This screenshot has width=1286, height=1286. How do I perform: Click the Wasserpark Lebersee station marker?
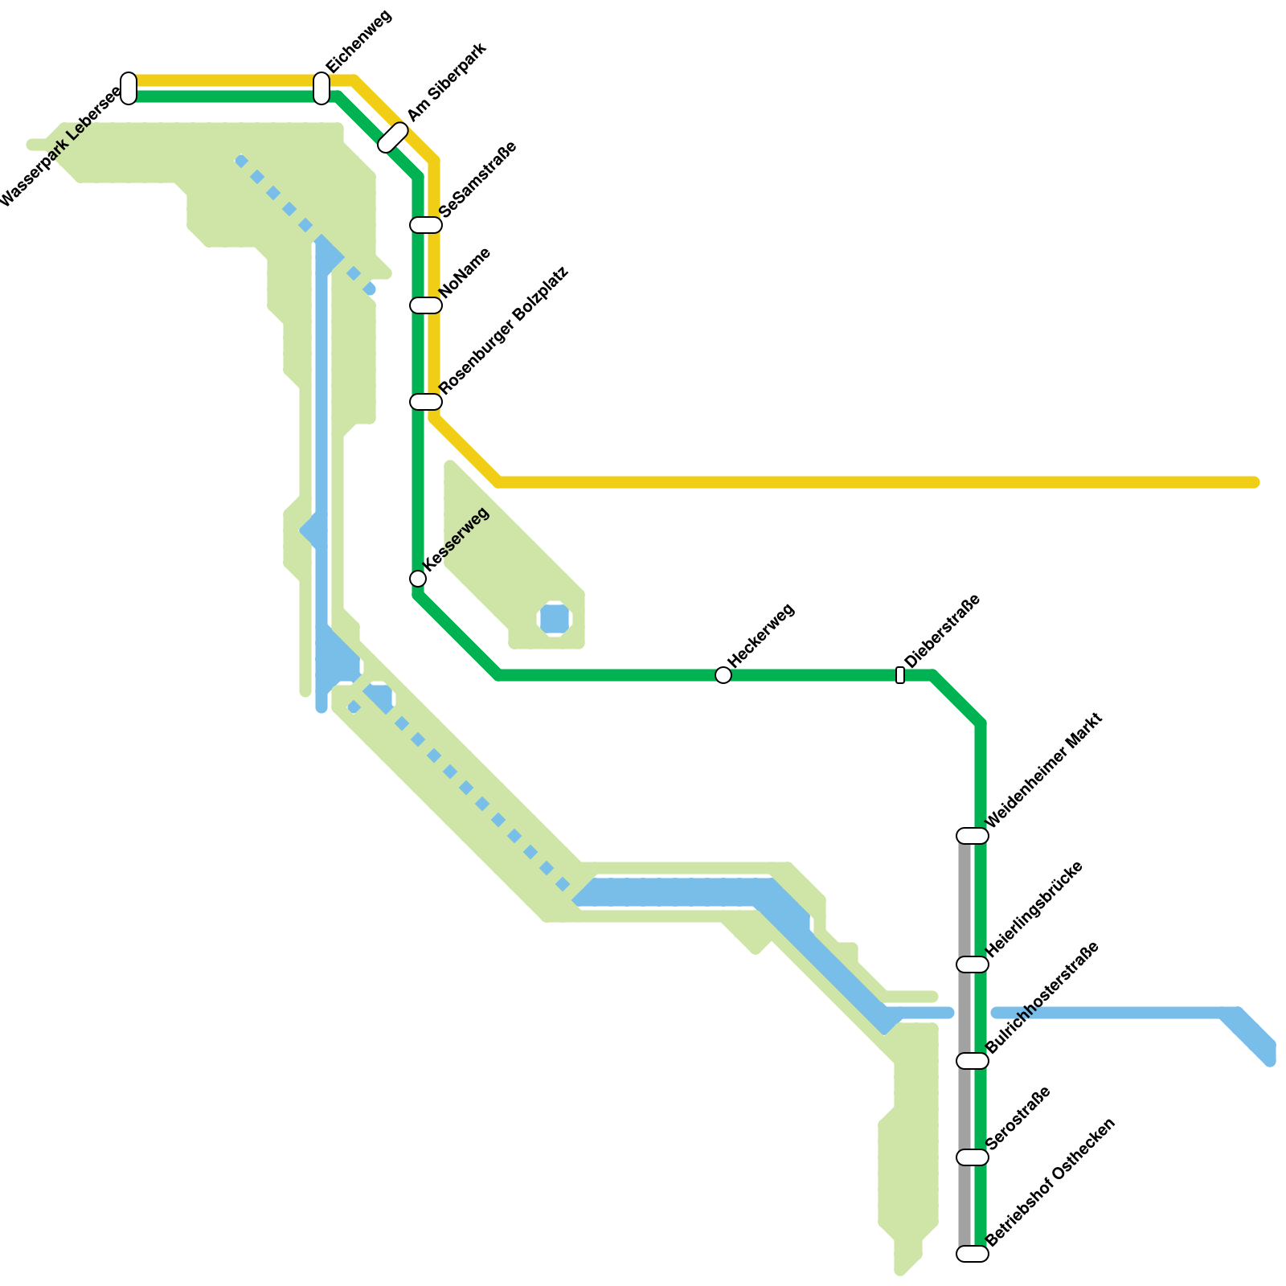tap(129, 88)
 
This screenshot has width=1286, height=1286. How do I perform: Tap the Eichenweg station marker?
tap(321, 88)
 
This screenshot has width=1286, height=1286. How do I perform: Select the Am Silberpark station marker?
tap(393, 137)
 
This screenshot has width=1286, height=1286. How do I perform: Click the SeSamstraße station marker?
tap(426, 225)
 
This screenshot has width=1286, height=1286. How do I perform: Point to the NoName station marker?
tap(426, 305)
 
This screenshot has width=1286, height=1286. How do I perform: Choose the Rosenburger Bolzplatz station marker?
tap(426, 402)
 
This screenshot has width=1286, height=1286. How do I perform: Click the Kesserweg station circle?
tap(418, 579)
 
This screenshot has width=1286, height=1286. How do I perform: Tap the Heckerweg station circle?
tap(723, 675)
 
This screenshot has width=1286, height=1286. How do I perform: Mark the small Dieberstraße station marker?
tap(900, 675)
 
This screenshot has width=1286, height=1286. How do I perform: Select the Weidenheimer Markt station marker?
tap(973, 836)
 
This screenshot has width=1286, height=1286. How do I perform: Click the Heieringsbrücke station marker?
tap(973, 964)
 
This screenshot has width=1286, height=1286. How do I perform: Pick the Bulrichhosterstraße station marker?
tap(973, 1061)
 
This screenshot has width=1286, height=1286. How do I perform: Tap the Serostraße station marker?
tap(973, 1157)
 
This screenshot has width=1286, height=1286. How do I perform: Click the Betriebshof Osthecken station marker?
tap(973, 1254)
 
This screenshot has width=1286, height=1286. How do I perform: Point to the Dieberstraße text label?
tap(942, 630)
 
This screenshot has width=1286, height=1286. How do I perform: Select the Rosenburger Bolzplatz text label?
tap(504, 330)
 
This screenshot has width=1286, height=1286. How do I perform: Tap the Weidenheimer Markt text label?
tap(1044, 770)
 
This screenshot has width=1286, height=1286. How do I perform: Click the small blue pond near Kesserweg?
tap(555, 619)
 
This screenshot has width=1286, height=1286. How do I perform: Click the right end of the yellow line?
tap(1254, 482)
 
